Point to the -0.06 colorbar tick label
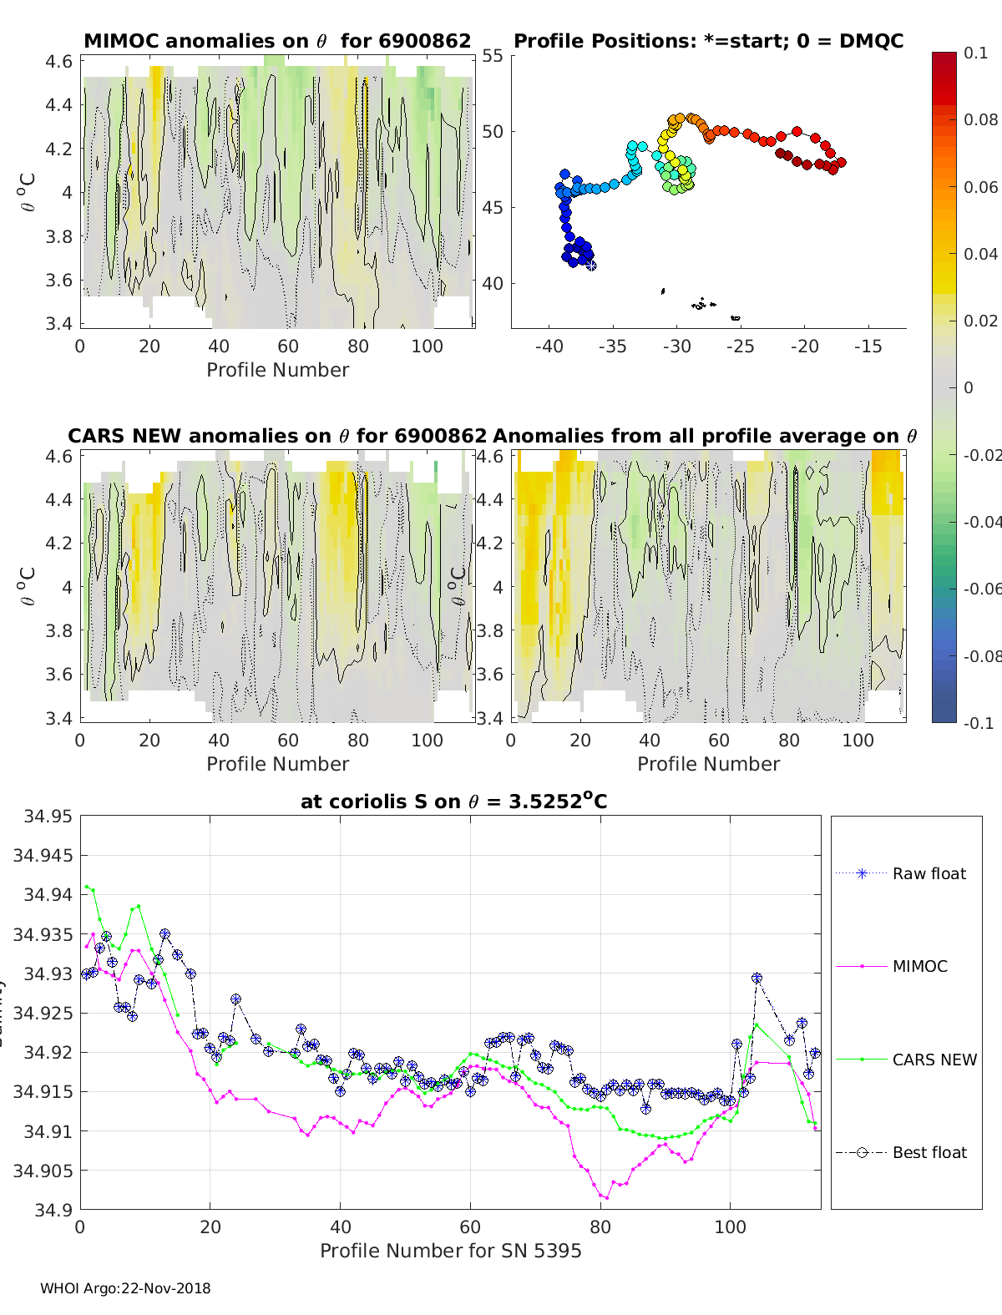981,589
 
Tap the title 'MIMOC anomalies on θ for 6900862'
277,41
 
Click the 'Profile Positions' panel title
708,41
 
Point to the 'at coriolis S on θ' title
453,802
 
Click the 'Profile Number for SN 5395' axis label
450,1251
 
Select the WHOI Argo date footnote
125,1288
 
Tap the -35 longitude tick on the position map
612,346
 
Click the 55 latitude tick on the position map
493,56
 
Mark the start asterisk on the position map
591,266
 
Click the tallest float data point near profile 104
757,978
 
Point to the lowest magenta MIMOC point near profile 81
606,1197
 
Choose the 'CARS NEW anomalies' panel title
277,436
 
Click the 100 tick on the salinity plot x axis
730,1226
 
